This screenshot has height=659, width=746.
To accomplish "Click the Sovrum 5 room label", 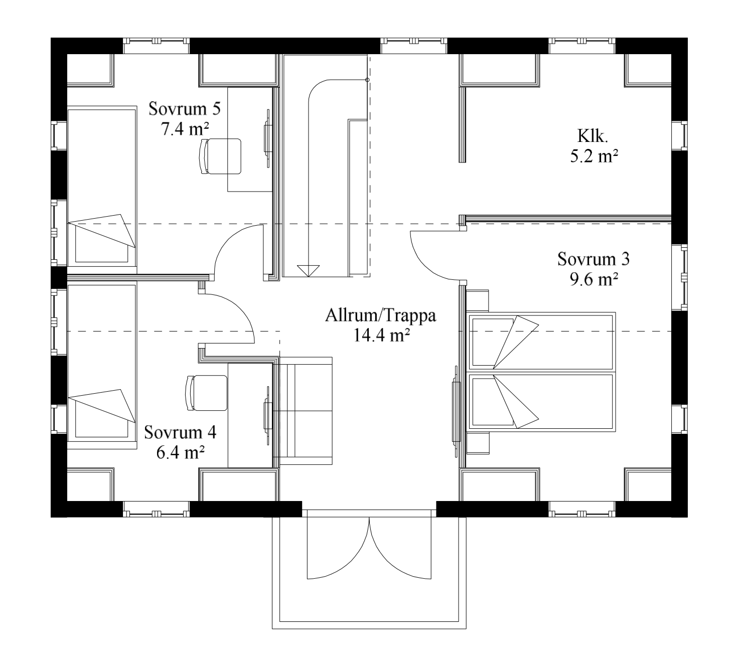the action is pos(185,109).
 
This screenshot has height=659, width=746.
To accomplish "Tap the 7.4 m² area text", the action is pos(185,129).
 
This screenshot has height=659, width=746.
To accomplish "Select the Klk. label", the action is pos(592,136).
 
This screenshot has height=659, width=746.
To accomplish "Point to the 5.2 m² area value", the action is pos(593,156).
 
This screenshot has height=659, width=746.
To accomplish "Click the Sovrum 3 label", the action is pos(593,259).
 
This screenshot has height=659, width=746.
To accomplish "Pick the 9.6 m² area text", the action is pos(593,280).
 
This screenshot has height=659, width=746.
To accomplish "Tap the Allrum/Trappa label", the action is pos(380,316).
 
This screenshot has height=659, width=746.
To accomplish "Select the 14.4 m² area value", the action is pos(381,336).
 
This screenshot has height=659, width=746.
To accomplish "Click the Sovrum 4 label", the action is pos(180,432).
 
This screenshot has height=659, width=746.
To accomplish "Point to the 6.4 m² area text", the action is pos(180,452).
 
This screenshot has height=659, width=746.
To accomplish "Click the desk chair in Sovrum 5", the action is pos(220,156).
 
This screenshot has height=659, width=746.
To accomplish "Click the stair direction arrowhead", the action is pos(308,271).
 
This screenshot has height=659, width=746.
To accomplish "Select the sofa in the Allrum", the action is pos(306,410).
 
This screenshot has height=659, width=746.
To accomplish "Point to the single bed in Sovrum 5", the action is pos(102,186).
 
